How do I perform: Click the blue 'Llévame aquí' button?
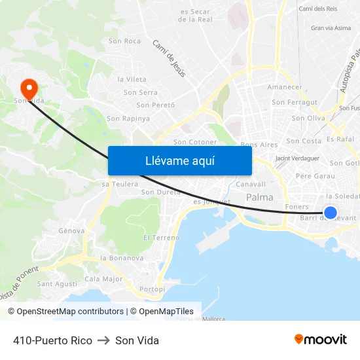(x=179, y=160)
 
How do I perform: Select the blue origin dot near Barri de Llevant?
(x=331, y=213)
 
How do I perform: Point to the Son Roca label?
(x=124, y=41)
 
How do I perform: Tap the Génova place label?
(x=71, y=231)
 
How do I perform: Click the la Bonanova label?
(x=122, y=258)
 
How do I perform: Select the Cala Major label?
(x=103, y=279)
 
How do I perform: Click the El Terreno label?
(x=161, y=238)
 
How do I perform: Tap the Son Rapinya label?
(x=128, y=118)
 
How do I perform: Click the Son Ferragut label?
(x=295, y=102)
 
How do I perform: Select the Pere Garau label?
(x=315, y=176)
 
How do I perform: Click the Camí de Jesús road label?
(x=169, y=58)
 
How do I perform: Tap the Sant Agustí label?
(x=57, y=284)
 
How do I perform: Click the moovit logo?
(x=320, y=339)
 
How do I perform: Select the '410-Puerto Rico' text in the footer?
(x=52, y=340)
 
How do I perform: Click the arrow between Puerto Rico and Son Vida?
(x=103, y=340)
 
